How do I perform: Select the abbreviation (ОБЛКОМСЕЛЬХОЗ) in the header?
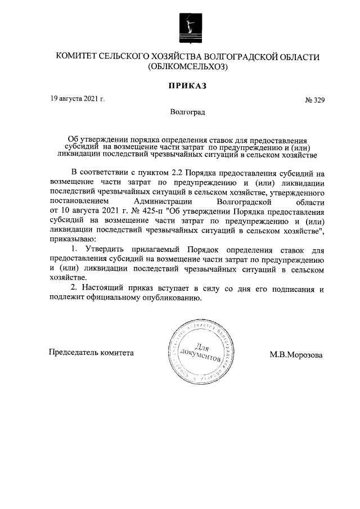click(x=187, y=66)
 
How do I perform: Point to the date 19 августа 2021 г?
click(x=77, y=99)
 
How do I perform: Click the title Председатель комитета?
click(x=92, y=353)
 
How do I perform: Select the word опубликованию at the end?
click(x=173, y=298)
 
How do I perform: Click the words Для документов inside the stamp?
click(x=200, y=353)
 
